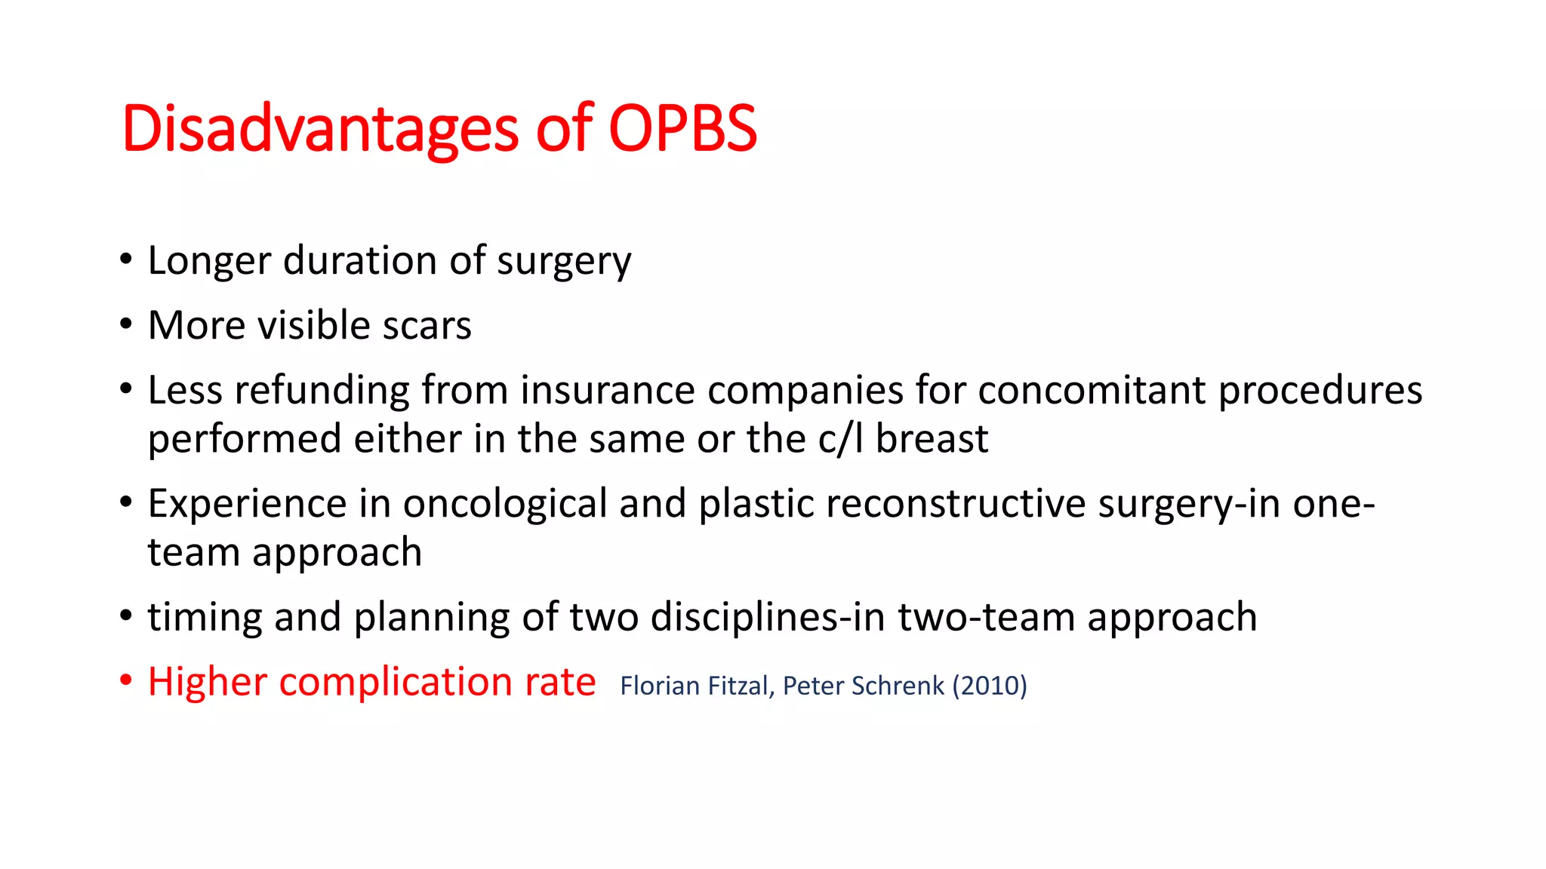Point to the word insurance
point(607,391)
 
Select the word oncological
point(504,504)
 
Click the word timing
point(204,617)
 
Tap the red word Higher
point(208,682)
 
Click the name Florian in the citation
point(659,686)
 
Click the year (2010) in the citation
point(990,686)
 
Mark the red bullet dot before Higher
point(126,680)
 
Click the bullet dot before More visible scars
point(126,324)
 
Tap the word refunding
point(322,391)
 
